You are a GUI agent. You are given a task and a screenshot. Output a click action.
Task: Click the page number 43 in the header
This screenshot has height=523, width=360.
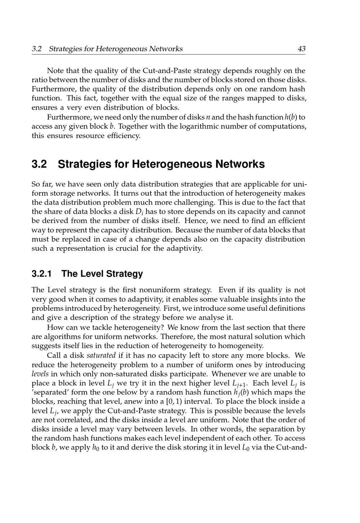[x=301, y=49]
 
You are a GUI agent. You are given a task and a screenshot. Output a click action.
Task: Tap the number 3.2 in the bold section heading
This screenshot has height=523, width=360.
[x=39, y=164]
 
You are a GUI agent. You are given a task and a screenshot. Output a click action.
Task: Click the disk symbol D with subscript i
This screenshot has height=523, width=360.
[x=139, y=212]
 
